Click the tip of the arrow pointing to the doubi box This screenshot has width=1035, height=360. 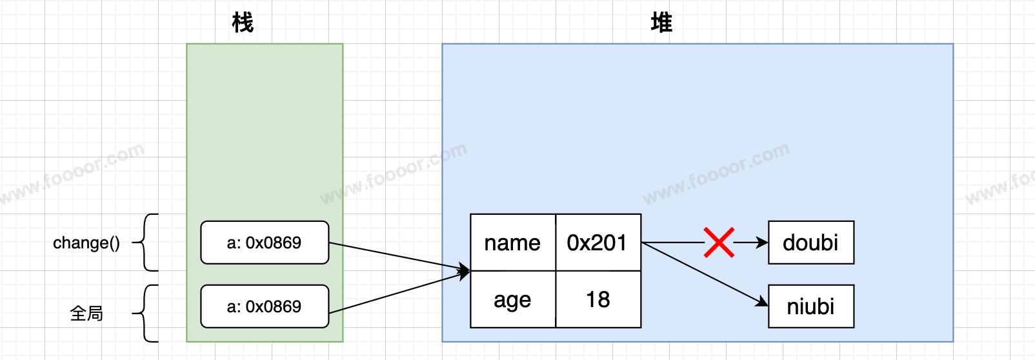768,242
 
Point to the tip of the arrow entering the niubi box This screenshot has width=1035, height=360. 768,306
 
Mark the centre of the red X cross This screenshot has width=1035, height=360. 719,242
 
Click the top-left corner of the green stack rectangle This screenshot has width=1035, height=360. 186,44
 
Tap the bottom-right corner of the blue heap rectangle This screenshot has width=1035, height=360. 953,342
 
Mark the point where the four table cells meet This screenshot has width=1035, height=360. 556,271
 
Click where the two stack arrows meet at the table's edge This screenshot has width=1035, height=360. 470,271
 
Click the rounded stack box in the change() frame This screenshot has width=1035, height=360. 265,242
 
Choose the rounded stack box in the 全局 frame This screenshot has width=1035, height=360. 265,306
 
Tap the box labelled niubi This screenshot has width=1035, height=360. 811,306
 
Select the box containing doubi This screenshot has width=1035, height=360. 811,242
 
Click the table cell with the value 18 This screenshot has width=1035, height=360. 598,299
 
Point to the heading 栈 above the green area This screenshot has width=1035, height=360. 243,22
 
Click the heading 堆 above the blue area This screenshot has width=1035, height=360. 661,22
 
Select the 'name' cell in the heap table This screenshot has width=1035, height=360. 513,242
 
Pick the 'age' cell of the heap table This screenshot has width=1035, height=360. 513,299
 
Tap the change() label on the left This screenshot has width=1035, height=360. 86,243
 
